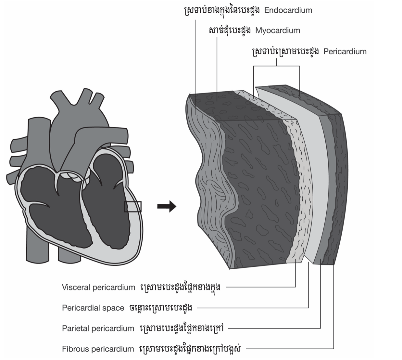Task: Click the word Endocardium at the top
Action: point(288,10)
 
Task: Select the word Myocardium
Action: point(278,31)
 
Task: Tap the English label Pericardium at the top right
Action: point(345,52)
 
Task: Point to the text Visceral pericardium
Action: point(98,288)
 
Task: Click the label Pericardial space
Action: point(93,308)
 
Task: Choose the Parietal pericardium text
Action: point(98,328)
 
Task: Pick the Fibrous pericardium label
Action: point(98,349)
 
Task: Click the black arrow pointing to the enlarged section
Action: point(167,206)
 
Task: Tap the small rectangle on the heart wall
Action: point(133,207)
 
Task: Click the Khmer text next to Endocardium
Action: point(221,10)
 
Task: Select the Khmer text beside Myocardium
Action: point(230,31)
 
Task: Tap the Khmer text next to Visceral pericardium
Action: point(181,287)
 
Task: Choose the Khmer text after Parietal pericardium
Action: point(182,328)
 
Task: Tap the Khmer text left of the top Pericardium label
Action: point(285,51)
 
